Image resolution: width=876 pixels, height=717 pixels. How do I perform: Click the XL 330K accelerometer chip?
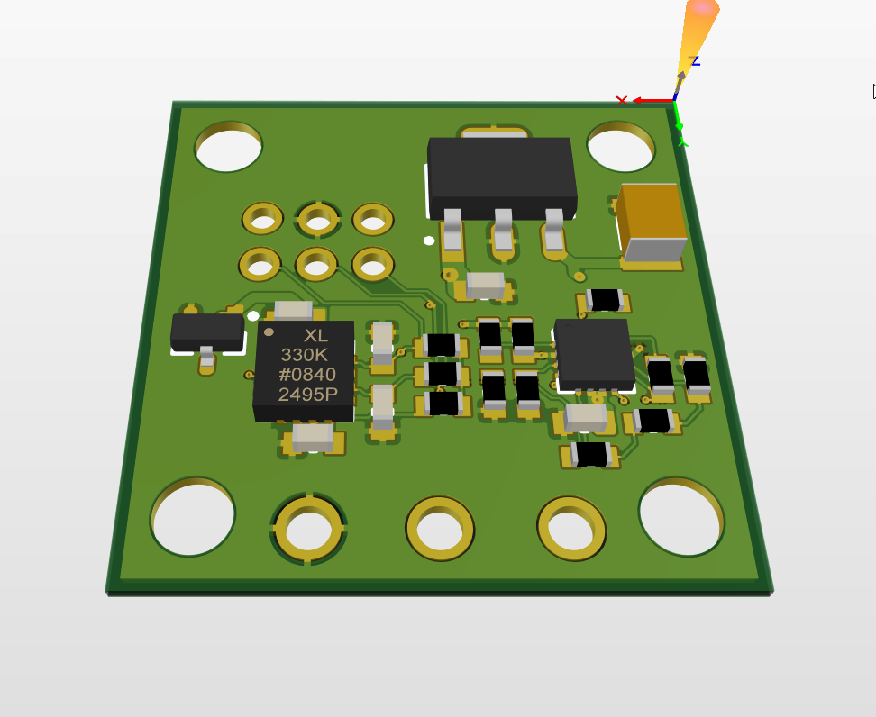point(305,371)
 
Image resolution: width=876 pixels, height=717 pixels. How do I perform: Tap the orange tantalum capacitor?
point(652,222)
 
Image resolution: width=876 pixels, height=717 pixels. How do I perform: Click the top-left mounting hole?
point(229,147)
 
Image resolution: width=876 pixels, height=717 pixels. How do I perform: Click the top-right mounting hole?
point(621,146)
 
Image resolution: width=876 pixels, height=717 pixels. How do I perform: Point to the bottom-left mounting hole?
point(193,517)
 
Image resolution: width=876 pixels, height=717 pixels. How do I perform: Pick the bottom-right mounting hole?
point(681,517)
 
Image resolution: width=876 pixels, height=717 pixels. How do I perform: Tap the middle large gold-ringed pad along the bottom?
point(440,528)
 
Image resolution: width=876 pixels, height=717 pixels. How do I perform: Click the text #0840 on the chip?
point(307,374)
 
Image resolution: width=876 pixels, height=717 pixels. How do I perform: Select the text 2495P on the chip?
point(308,395)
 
